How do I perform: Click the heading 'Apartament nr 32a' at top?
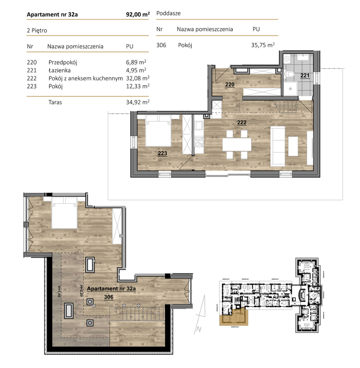click(52, 15)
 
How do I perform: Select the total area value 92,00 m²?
click(138, 15)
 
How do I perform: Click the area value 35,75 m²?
click(262, 45)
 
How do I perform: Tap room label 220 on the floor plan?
click(230, 85)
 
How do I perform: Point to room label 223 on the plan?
click(163, 153)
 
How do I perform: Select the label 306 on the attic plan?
click(109, 297)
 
